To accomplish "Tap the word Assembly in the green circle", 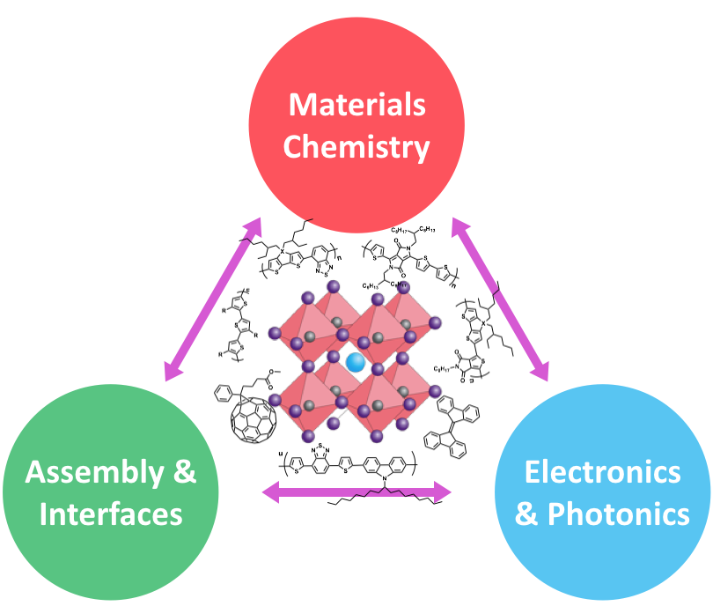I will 95,472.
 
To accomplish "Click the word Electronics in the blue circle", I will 602,472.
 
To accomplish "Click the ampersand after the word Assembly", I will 183,472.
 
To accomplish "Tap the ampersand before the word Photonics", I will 526,514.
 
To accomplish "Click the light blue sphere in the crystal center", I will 356,361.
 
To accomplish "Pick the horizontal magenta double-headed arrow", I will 356,491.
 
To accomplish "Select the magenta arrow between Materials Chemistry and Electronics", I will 500,299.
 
